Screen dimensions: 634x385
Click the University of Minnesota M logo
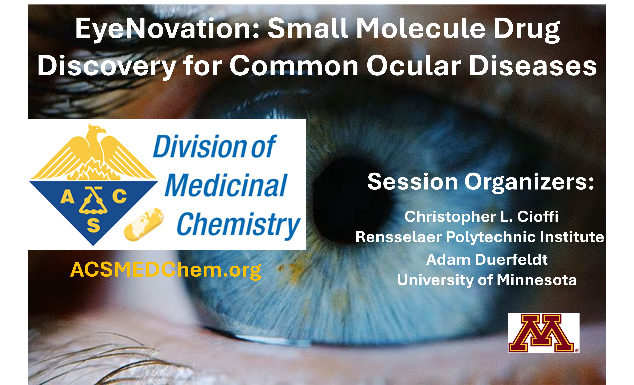(x=543, y=333)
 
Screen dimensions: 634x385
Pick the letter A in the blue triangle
(x=67, y=196)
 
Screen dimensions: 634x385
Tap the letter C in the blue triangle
(x=120, y=196)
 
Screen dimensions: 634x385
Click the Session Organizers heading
(x=481, y=182)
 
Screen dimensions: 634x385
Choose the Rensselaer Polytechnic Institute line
(x=480, y=237)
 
